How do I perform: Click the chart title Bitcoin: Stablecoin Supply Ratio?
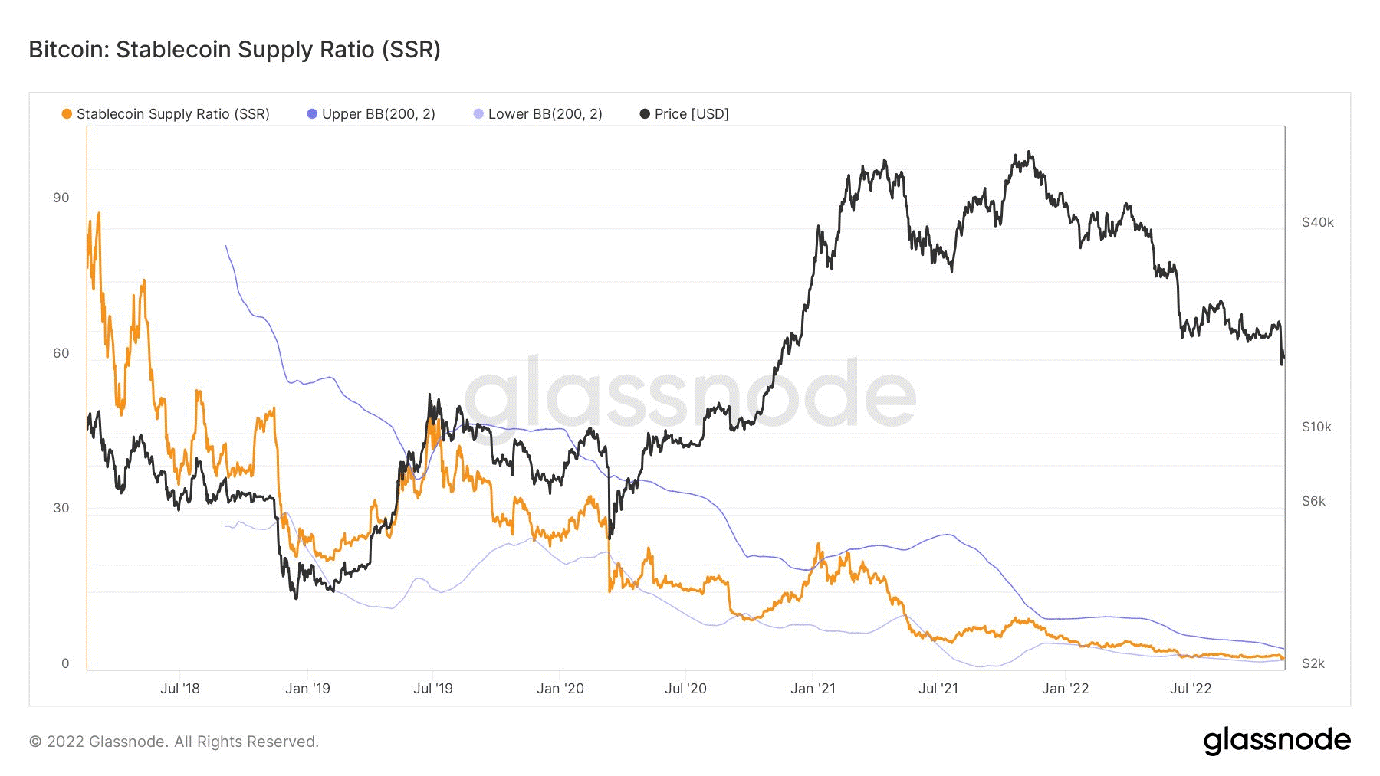click(235, 50)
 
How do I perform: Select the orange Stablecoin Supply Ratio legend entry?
click(166, 114)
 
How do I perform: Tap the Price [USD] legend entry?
click(684, 114)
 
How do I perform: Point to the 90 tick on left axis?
click(61, 198)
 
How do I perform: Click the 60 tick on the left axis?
click(61, 353)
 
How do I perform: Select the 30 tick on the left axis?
click(61, 508)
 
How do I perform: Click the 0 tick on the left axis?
click(65, 663)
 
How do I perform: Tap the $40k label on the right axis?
click(1317, 222)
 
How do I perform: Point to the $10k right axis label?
click(1316, 427)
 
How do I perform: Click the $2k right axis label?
click(1313, 663)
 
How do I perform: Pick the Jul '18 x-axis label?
click(179, 688)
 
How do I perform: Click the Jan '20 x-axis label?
click(560, 688)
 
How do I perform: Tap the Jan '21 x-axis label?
click(813, 688)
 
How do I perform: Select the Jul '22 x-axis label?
click(1191, 688)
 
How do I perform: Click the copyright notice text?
click(173, 742)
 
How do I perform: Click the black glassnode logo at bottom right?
click(1276, 741)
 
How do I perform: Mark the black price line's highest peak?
click(1029, 152)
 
